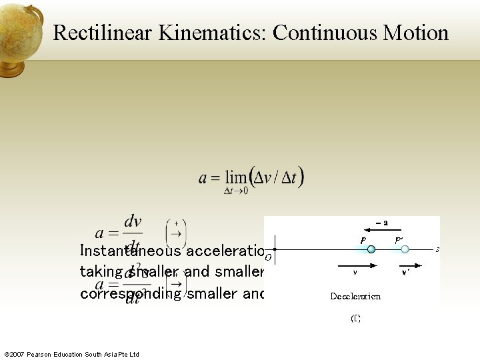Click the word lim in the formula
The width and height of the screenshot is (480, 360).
point(235,178)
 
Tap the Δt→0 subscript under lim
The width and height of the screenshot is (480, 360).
point(235,192)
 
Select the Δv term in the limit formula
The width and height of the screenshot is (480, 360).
point(263,177)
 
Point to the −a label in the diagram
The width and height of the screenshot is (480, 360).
point(381,224)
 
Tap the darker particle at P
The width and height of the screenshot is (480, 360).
point(371,249)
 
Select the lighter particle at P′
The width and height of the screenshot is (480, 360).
point(405,249)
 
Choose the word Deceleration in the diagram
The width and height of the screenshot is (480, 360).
point(355,296)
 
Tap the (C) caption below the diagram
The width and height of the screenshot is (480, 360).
point(355,319)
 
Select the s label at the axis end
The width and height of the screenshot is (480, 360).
point(437,249)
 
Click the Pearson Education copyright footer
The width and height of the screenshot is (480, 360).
point(71,354)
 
